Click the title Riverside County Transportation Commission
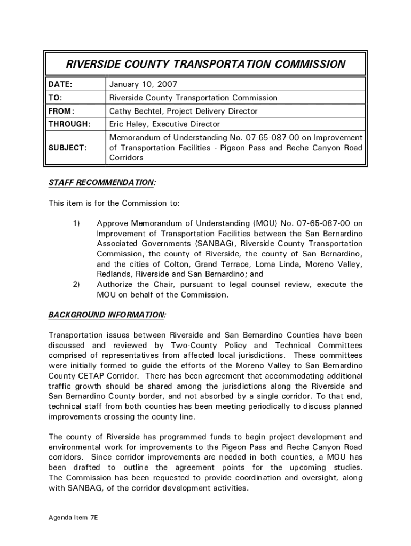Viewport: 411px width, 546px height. [x=205, y=65]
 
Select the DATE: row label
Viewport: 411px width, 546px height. [x=60, y=85]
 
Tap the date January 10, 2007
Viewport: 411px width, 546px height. [x=143, y=85]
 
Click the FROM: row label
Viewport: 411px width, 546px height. [x=61, y=111]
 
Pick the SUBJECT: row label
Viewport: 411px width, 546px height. [x=68, y=148]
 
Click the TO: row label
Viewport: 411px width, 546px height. [x=56, y=98]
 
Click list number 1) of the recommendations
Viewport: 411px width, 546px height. [x=76, y=223]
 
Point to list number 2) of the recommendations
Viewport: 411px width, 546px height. [x=76, y=284]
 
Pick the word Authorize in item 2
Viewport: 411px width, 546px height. [x=115, y=284]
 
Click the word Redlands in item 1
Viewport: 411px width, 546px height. [x=113, y=274]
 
